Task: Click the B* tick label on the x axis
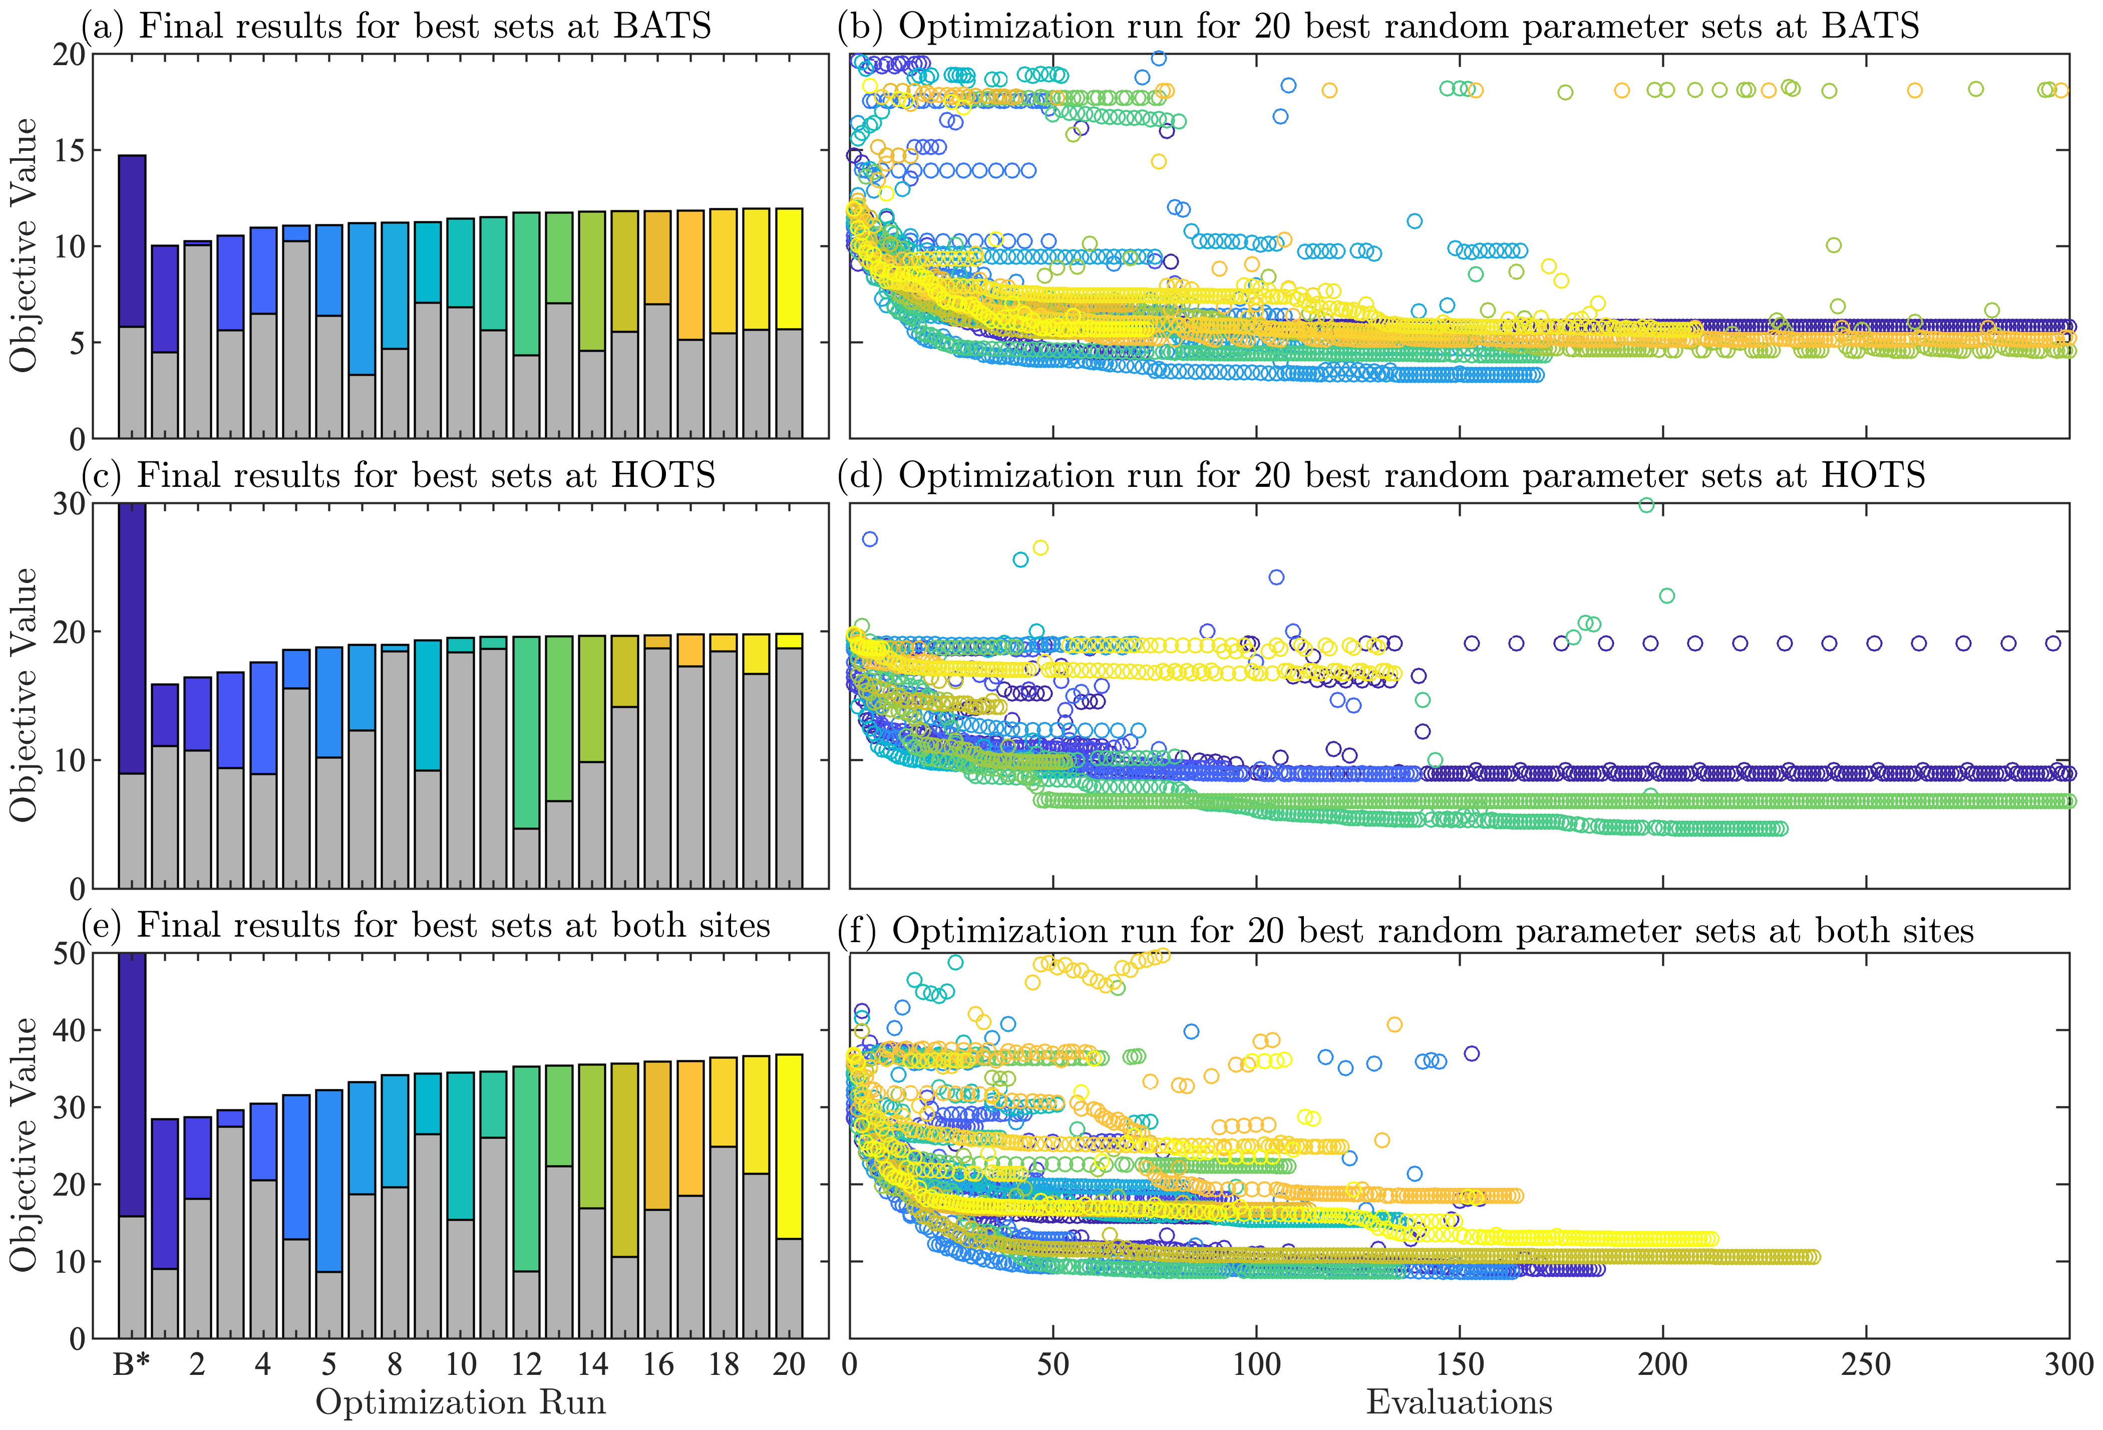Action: pos(131,1364)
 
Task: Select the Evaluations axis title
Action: pos(1459,1402)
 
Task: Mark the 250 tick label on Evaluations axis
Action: pos(1866,1364)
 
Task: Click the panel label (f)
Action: pos(856,931)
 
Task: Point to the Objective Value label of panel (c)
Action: pos(25,695)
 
